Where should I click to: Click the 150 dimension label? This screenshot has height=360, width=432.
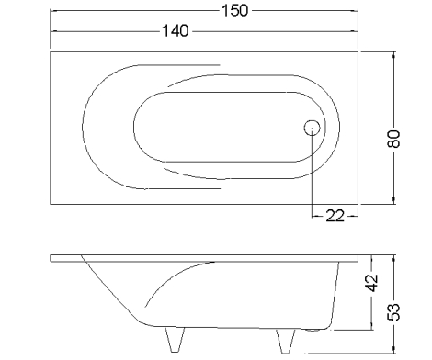point(234,11)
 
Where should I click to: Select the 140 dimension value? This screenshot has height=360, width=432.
point(176,31)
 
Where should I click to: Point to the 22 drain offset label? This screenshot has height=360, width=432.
point(335,216)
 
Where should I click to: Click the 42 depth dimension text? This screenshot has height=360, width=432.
point(372,283)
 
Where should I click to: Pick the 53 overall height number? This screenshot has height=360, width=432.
point(394,312)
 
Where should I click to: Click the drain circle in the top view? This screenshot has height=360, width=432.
point(312,128)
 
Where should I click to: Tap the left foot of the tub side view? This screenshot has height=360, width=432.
point(175,340)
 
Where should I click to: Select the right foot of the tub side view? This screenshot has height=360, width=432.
point(286,341)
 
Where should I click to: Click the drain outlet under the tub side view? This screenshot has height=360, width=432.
point(313,330)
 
